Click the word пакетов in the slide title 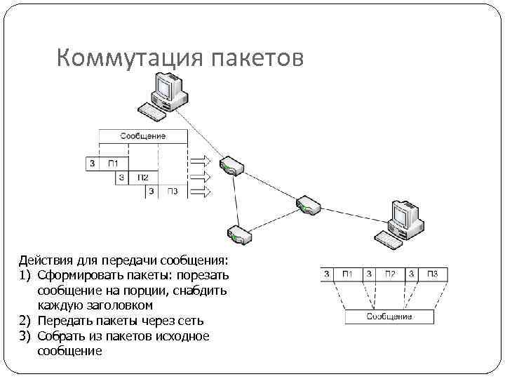coord(257,59)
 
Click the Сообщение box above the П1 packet coord(142,135)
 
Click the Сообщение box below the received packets coord(389,317)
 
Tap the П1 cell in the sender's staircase coord(114,164)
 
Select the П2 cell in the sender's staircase coord(143,178)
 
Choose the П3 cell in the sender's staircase coord(172,191)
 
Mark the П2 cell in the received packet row coord(390,274)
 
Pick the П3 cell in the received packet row coord(432,274)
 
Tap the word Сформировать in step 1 coord(76,276)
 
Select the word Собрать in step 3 coord(60,336)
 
